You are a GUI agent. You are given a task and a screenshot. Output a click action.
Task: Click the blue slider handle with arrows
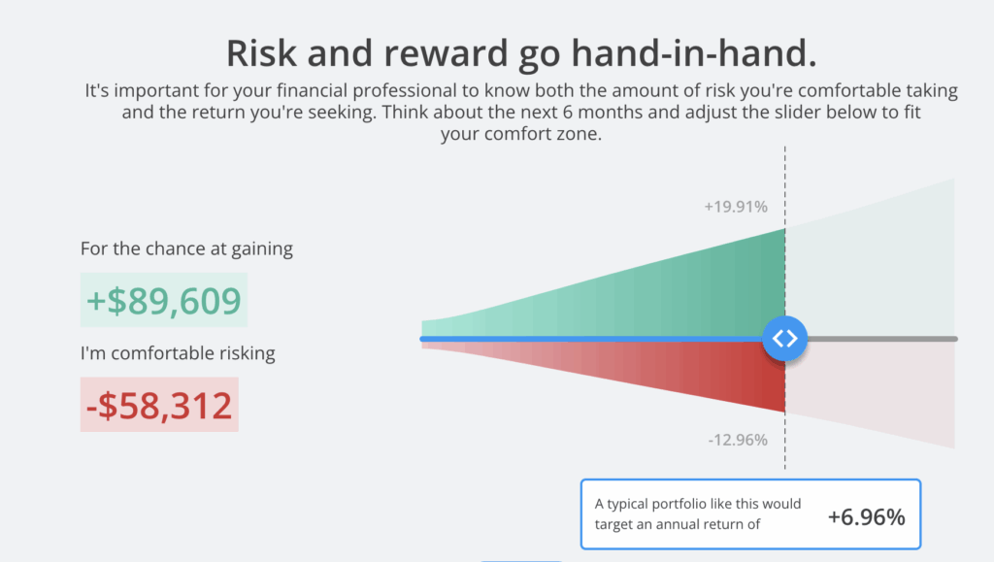784,339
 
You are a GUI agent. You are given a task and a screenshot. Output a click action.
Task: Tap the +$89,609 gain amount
163,300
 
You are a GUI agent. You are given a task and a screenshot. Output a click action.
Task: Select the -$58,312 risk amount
159,405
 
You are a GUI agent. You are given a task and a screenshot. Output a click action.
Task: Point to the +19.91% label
736,207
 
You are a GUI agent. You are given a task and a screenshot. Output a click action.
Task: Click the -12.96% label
738,440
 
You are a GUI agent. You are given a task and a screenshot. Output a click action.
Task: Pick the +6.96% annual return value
867,517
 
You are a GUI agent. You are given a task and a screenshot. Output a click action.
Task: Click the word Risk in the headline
261,52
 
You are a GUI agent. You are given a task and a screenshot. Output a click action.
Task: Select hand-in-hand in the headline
694,52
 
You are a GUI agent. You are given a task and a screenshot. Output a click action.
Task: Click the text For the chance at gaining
186,248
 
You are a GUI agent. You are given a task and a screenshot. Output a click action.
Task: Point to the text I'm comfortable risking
178,353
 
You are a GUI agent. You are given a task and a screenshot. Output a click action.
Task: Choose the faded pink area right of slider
875,386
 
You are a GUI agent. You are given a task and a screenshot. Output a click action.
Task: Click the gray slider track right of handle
882,339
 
